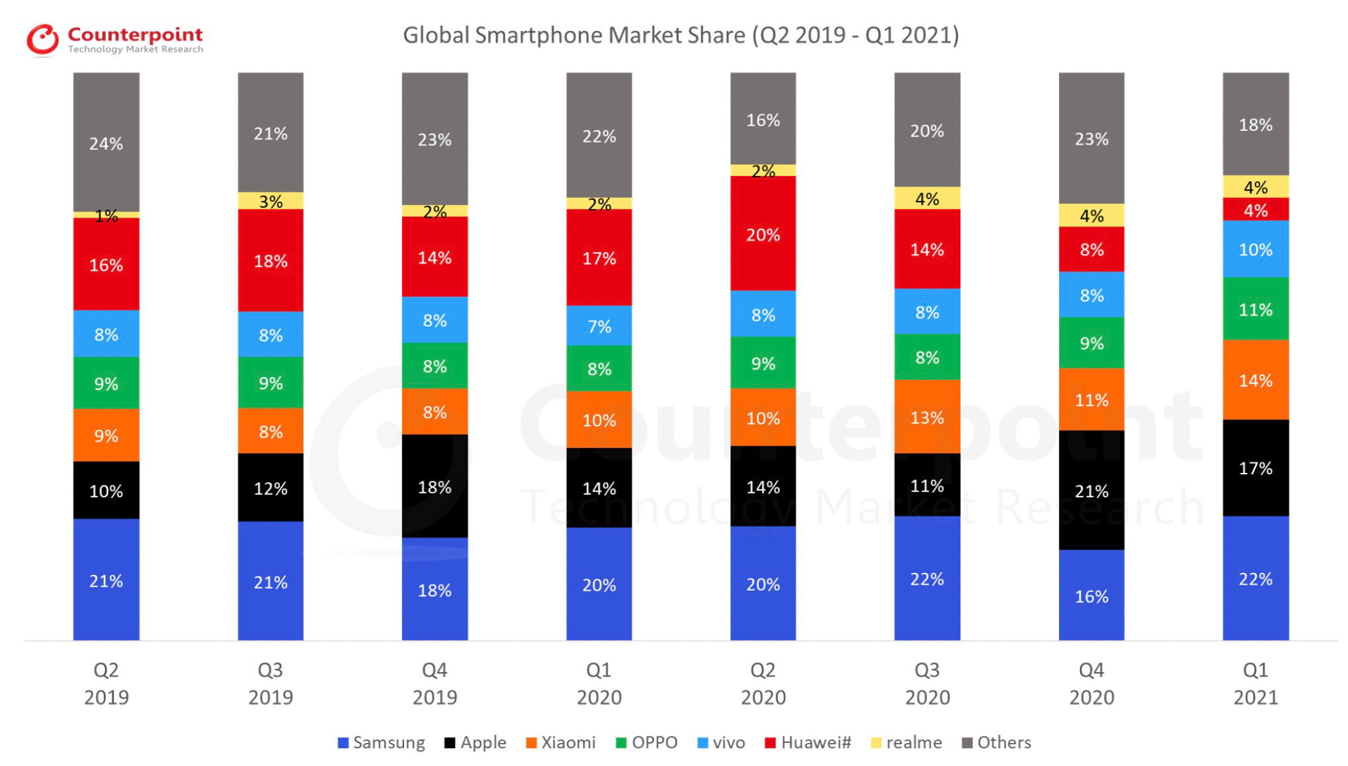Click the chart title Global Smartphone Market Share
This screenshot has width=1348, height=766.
(681, 35)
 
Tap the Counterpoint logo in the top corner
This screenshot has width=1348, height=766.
(114, 40)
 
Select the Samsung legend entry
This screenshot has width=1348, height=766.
(382, 742)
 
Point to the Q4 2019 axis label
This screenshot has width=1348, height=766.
(435, 683)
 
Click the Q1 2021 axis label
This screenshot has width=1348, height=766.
(1255, 683)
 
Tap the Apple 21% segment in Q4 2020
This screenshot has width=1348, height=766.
(1091, 490)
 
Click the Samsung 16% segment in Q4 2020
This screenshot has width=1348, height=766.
(1091, 595)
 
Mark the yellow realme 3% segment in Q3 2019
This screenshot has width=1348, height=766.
(271, 201)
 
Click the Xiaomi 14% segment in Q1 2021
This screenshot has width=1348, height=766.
(1255, 380)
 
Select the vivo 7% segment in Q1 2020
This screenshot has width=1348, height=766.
(599, 325)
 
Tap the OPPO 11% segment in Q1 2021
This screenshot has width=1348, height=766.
(1255, 308)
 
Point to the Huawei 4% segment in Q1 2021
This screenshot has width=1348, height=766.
(1255, 210)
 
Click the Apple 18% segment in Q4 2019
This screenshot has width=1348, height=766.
(435, 486)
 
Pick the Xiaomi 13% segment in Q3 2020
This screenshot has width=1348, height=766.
(927, 417)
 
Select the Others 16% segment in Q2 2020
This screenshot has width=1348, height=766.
(763, 119)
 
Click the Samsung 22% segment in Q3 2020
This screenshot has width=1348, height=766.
(927, 578)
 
